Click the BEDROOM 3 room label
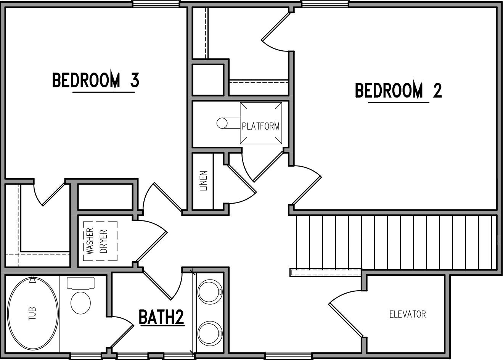(95, 80)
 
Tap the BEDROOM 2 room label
(398, 91)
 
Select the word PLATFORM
(260, 125)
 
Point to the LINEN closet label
(204, 180)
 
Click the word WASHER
(90, 241)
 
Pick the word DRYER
(104, 241)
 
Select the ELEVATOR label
(407, 314)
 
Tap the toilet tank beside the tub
(80, 283)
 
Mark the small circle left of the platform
(222, 123)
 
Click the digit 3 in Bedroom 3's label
(134, 80)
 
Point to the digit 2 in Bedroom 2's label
(437, 91)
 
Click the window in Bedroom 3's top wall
(156, 4)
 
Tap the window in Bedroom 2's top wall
(325, 4)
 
